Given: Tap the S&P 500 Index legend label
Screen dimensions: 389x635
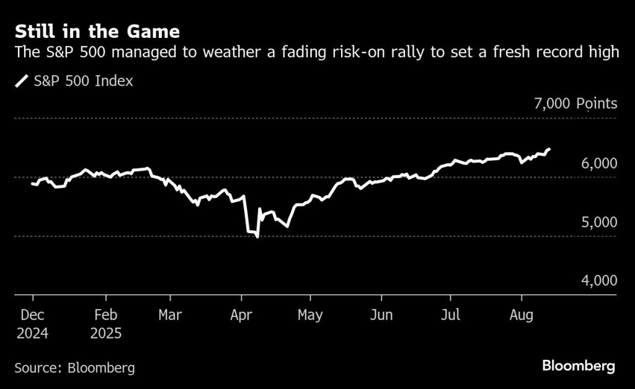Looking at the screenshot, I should pyautogui.click(x=83, y=81).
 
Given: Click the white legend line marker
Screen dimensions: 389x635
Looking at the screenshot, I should pyautogui.click(x=22, y=81).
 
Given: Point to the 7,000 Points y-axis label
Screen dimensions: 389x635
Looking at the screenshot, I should pyautogui.click(x=575, y=104).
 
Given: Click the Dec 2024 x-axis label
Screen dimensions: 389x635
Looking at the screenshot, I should pyautogui.click(x=32, y=324).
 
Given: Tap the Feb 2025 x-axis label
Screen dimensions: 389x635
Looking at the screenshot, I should pyautogui.click(x=106, y=324).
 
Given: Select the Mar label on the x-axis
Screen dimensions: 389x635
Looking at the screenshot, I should pyautogui.click(x=170, y=315).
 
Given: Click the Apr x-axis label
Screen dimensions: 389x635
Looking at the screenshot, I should pyautogui.click(x=241, y=315).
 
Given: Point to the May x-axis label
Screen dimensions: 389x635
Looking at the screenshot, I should pyautogui.click(x=310, y=315).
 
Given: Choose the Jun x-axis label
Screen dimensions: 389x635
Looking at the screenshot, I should pyautogui.click(x=381, y=315).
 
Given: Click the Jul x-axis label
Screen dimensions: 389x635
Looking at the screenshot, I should pyautogui.click(x=451, y=315).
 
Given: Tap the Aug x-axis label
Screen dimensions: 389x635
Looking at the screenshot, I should pyautogui.click(x=521, y=315).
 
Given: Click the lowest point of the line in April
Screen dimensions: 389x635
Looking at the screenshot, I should pyautogui.click(x=257, y=236).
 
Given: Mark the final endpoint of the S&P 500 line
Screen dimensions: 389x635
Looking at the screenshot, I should pyautogui.click(x=549, y=150).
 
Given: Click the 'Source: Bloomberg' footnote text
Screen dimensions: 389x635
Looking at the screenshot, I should pyautogui.click(x=74, y=368).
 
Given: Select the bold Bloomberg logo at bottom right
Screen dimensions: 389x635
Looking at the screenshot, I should pyautogui.click(x=579, y=366).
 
